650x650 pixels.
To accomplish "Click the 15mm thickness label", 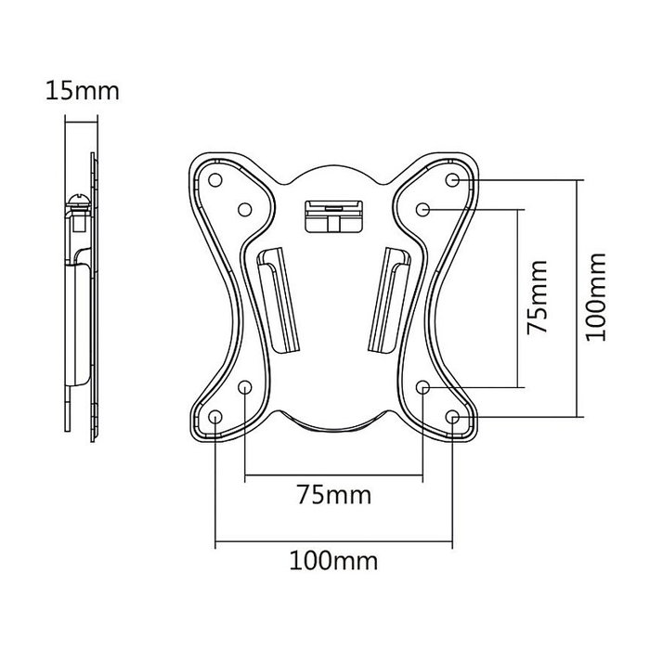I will (81, 92).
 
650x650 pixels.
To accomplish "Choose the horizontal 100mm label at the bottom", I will (332, 560).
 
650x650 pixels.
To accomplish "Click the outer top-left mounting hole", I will (215, 177).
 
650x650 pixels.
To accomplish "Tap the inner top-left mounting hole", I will (245, 210).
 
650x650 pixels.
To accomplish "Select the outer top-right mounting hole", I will (452, 177).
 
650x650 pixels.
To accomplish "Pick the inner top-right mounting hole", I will (422, 210).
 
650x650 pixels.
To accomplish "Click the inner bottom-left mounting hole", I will (245, 387).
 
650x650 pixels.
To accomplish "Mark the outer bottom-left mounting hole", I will (215, 419).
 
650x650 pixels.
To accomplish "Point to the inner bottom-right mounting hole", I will (422, 387).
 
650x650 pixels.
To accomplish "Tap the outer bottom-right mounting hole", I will (452, 419).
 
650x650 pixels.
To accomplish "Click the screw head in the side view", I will (77, 200).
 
